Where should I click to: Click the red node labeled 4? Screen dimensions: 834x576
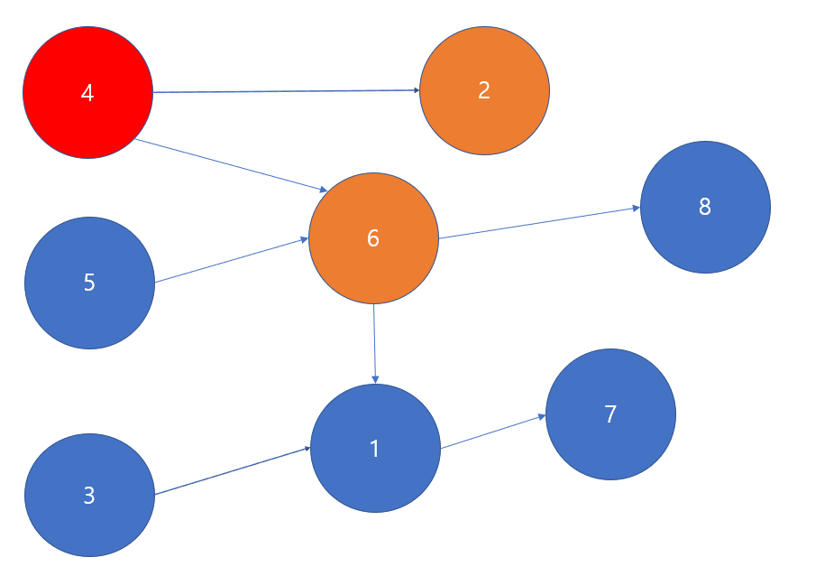[87, 92]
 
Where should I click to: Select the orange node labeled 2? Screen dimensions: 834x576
[484, 90]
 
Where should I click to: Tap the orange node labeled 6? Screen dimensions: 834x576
[373, 238]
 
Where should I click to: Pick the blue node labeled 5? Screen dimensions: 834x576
[89, 283]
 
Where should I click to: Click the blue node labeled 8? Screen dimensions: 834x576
[705, 207]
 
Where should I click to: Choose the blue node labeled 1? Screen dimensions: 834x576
[375, 448]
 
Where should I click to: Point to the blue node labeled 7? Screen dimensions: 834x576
[610, 414]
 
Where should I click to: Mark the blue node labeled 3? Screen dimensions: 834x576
[89, 496]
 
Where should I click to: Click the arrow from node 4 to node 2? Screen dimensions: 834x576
[286, 91]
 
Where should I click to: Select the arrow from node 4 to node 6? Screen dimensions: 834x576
[230, 165]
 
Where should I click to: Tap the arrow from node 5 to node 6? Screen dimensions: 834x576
[232, 261]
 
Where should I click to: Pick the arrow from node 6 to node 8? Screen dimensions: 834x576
[539, 223]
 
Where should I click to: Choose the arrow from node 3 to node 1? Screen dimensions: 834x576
[233, 471]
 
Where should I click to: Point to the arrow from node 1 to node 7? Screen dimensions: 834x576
[493, 432]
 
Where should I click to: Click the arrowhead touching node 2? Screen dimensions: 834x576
[417, 90]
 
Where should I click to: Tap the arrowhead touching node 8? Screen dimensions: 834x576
[637, 209]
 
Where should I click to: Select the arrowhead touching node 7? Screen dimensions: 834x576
[542, 416]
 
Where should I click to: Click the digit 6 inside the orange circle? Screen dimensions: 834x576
[373, 238]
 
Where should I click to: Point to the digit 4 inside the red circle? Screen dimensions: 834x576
[87, 92]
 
